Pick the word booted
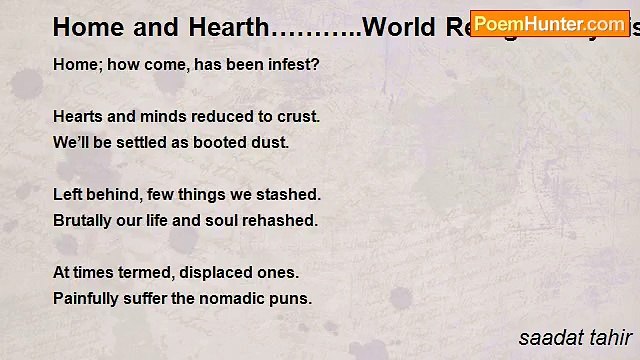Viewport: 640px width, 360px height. pos(224,142)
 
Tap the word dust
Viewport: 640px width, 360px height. pos(270,142)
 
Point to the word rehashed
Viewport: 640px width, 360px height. pos(282,220)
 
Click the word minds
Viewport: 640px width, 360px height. pos(162,116)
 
